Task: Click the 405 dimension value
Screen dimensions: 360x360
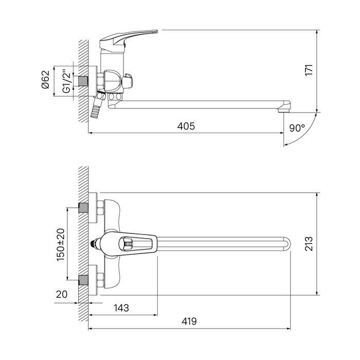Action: point(186,127)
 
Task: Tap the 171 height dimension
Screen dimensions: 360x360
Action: point(309,70)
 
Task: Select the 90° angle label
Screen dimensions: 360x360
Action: point(297,128)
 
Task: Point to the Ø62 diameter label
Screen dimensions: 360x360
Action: point(45,79)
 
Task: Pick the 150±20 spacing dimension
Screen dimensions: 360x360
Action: point(61,245)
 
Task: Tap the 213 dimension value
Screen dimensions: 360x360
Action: point(309,244)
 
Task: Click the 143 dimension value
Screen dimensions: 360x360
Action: point(121,308)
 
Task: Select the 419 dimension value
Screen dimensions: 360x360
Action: point(189,321)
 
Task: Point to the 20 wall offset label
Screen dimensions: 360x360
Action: point(62,294)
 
